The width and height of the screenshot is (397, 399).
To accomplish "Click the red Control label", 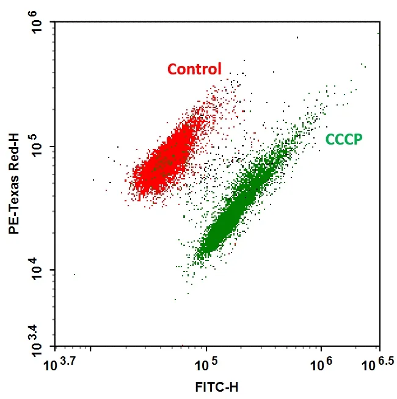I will point(194,69).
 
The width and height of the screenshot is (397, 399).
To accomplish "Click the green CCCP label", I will point(344,139).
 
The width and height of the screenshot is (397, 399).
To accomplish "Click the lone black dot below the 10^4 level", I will point(75,275).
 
